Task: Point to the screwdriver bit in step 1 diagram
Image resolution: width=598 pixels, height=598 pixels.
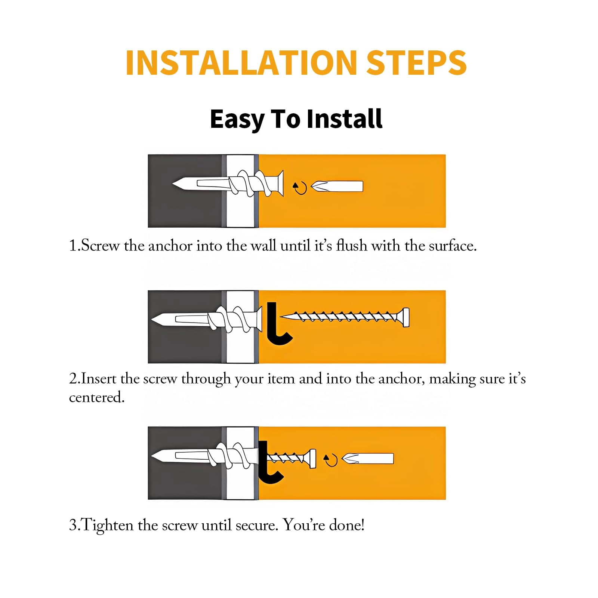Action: pyautogui.click(x=337, y=186)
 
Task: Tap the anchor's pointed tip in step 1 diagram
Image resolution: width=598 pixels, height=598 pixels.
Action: pyautogui.click(x=173, y=184)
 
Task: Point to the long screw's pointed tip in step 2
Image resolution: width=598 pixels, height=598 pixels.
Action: pyautogui.click(x=281, y=317)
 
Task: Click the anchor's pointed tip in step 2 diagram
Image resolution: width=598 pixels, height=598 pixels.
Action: pyautogui.click(x=152, y=320)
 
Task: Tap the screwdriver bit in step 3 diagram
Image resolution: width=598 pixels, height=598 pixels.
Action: pyautogui.click(x=368, y=459)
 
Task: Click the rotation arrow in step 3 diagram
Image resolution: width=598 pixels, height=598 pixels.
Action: pyautogui.click(x=330, y=460)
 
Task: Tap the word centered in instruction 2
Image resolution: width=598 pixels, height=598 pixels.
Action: pyautogui.click(x=96, y=397)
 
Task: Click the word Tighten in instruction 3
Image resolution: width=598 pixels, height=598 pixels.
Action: pyautogui.click(x=107, y=525)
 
